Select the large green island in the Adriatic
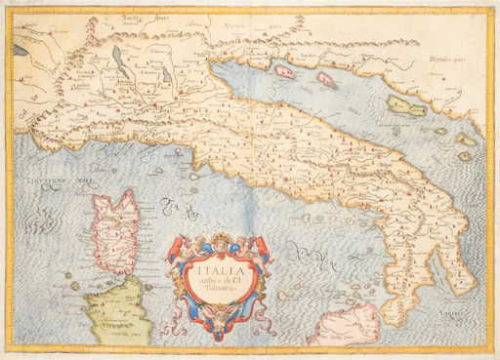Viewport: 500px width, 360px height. coord(404,104)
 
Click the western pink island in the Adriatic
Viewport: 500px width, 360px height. coord(284,70)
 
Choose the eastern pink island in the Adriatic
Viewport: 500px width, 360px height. coord(325,79)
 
